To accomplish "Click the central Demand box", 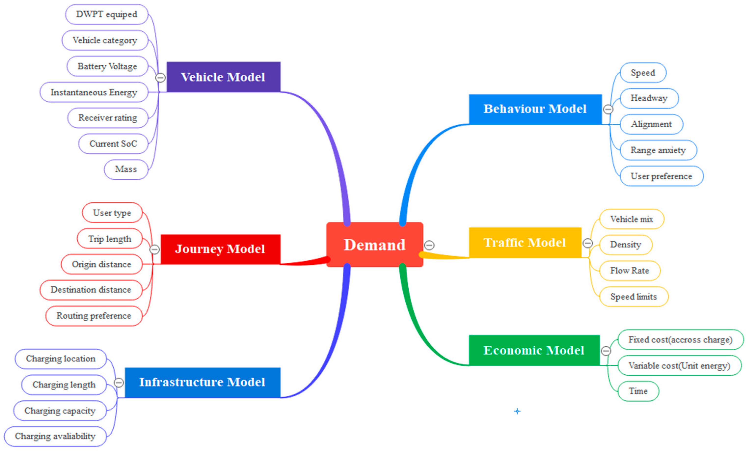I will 374,245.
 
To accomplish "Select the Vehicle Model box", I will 223,77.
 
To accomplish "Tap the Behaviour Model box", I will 535,109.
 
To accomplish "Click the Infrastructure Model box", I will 202,382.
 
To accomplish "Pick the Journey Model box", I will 220,249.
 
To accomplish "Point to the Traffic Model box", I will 525,242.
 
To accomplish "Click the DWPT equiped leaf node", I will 107,14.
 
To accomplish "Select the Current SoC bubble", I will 113,144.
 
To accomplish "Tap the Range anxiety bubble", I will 658,150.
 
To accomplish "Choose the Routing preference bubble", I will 94,316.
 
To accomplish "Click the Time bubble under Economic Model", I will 638,391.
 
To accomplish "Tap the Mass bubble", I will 126,169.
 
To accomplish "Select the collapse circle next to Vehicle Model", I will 160,78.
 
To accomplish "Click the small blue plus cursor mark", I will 517,411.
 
